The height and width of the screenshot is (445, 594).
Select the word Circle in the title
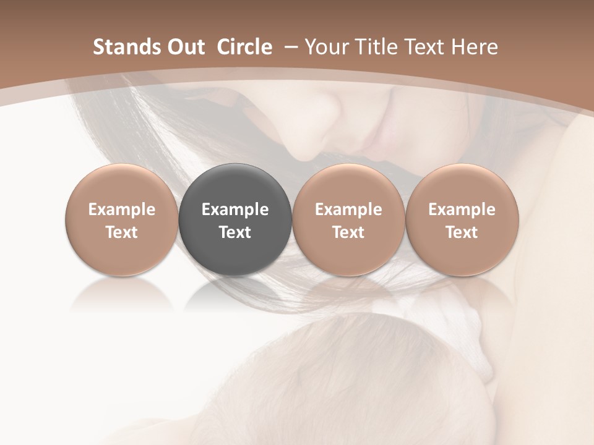point(244,47)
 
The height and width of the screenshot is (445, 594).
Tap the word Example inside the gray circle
point(235,210)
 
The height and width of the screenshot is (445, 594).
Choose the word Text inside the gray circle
point(235,232)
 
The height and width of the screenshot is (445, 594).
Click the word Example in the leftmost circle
point(121,210)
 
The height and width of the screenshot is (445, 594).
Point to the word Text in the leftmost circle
point(121,232)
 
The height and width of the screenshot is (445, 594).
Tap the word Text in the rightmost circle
point(462,232)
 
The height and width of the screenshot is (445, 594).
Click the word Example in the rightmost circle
point(462,210)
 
